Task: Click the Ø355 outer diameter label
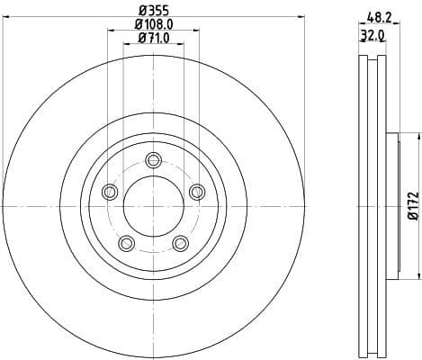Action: pos(153,12)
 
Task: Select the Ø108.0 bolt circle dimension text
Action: pos(153,25)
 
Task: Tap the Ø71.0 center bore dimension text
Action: pos(153,39)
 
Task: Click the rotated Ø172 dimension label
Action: pos(412,205)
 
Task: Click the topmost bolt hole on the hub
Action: pos(153,160)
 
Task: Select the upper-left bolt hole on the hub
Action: pos(111,191)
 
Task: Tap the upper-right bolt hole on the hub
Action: pos(195,190)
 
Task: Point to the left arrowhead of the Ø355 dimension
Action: pos(6,18)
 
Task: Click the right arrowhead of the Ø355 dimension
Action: pos(301,18)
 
